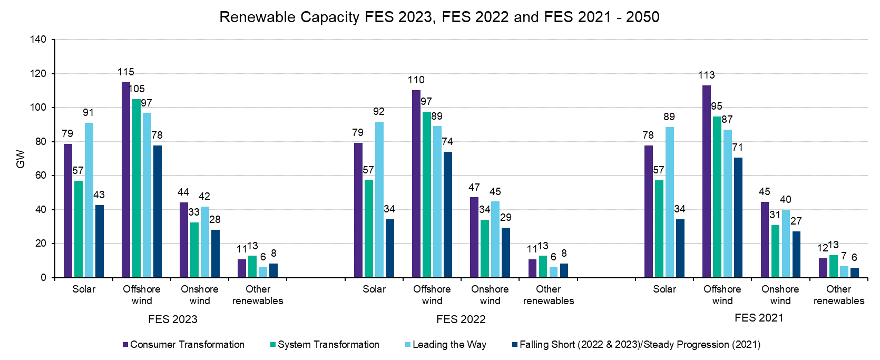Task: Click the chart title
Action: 439,17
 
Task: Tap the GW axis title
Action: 21,159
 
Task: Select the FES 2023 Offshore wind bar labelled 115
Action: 126,179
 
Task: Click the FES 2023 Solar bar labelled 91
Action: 89,200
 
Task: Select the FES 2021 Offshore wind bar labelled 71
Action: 738,217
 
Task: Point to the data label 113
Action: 706,75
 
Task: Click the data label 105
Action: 137,89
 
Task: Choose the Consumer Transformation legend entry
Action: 183,345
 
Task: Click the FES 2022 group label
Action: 461,319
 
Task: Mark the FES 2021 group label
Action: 759,318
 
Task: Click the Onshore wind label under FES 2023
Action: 200,295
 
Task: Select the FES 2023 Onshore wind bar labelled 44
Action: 184,240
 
